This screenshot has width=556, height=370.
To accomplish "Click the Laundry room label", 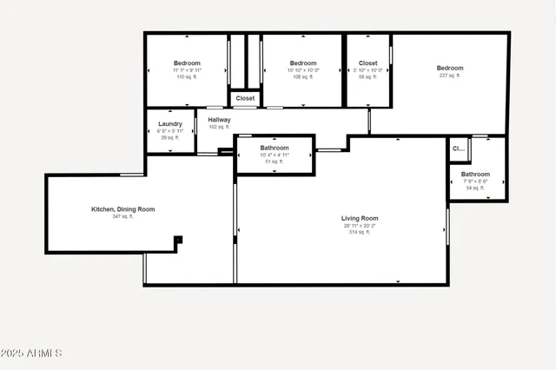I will pos(170,124).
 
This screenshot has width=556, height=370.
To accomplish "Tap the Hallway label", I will pos(219,120).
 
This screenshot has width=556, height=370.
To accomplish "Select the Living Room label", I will pos(359,218).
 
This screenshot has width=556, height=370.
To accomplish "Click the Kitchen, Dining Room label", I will pos(123,209).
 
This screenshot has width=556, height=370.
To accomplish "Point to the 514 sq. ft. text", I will pos(359,233).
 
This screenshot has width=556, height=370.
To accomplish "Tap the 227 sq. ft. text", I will pos(450,76).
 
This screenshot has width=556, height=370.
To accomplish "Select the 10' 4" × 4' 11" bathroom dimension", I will pos(274,155).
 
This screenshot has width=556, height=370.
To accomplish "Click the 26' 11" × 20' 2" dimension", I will pos(359,226).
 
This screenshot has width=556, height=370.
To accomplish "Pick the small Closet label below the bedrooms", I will pos(245,99).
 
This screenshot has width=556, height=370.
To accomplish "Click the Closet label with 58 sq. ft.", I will pos(367,63).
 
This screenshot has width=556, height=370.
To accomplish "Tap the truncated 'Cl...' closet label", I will pos(458,149).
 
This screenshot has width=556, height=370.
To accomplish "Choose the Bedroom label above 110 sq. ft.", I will pos(187,63).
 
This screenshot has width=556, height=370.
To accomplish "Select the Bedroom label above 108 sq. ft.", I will pos(302,63).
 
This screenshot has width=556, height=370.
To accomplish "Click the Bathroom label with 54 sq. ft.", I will pos(475,174).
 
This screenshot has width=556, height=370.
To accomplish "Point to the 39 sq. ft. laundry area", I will pos(170,137).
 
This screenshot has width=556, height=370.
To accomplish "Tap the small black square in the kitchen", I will pos(178,240).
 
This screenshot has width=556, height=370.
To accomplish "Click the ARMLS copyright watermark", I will pos(31,354).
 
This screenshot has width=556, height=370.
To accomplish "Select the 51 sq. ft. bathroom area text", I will pos(274,162).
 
